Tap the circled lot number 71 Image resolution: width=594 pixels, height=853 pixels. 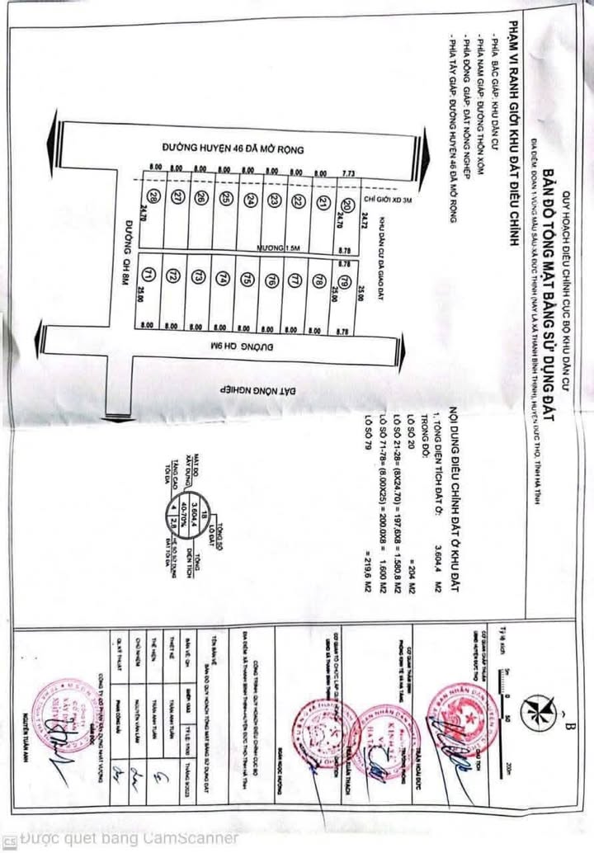pyautogui.click(x=148, y=275)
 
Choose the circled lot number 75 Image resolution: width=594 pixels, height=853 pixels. pyautogui.click(x=247, y=280)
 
